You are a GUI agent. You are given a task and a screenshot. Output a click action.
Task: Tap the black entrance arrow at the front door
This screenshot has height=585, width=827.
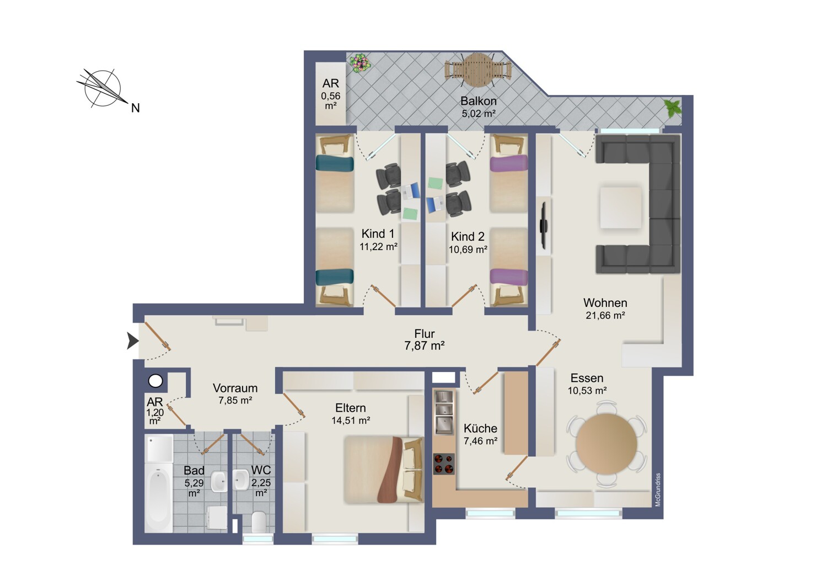(132, 341)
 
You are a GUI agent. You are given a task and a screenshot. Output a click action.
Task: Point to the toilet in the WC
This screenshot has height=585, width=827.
(259, 522)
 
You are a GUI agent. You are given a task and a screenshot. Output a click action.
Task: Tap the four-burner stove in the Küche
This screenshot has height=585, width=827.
(444, 464)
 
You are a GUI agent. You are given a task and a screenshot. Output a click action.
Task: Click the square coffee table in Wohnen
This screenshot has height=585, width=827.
(621, 208)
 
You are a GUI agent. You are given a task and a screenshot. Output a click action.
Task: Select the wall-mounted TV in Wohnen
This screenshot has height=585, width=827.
(544, 225)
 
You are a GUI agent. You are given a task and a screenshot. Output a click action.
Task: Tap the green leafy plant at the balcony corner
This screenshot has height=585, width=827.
(672, 108)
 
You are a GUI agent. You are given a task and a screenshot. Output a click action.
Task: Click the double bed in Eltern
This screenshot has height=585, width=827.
(383, 469)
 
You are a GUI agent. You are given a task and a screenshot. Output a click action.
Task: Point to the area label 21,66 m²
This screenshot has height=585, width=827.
(605, 315)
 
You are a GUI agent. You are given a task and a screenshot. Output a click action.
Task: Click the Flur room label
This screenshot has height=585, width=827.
(424, 334)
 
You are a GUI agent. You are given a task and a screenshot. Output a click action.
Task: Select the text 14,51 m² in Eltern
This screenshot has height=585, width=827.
(351, 420)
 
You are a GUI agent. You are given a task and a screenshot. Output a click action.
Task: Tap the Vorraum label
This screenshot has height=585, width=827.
(235, 388)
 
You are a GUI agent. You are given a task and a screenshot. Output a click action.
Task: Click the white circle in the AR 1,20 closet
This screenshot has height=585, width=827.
(155, 381)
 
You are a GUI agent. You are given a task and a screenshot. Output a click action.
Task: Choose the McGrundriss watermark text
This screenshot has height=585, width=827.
(658, 490)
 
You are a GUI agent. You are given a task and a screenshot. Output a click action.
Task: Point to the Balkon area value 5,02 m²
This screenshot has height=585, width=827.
(479, 114)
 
